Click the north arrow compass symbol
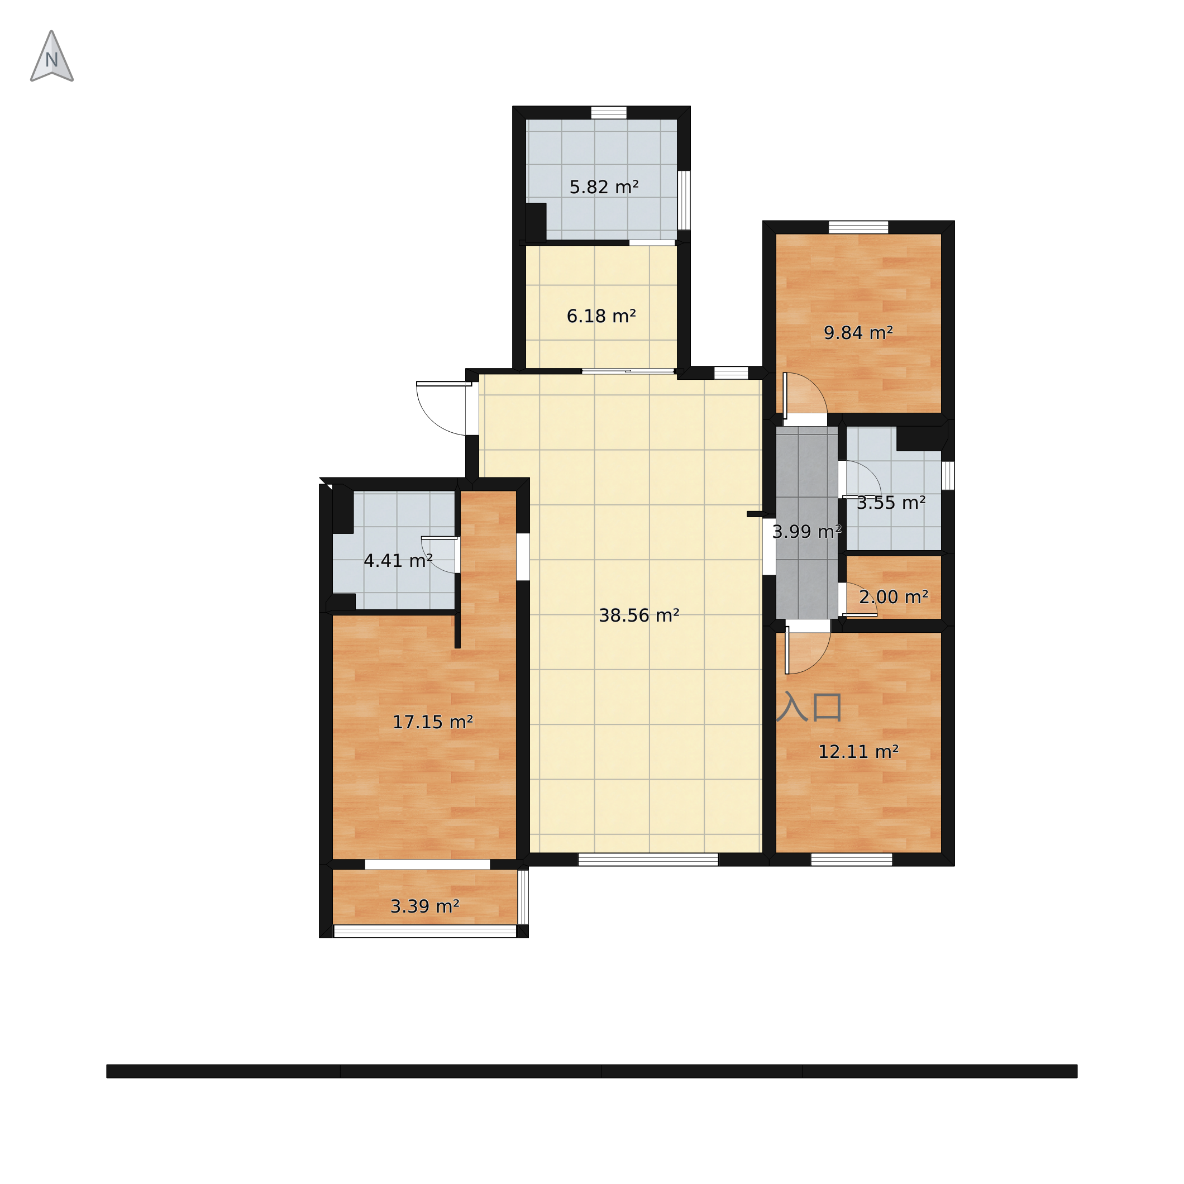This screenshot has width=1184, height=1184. (51, 57)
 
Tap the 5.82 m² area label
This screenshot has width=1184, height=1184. (604, 187)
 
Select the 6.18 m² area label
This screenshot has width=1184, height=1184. (601, 316)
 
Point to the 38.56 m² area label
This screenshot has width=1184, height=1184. (638, 615)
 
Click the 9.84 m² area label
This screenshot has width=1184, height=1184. (858, 333)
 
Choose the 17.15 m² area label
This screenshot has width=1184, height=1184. (433, 722)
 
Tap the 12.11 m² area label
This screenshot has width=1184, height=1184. (858, 751)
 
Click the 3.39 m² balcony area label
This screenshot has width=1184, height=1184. (424, 906)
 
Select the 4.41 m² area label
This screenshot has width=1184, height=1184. (398, 560)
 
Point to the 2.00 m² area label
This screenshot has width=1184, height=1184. (894, 596)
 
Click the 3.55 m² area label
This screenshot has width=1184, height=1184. (890, 503)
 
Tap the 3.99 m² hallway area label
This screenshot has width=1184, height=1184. (806, 531)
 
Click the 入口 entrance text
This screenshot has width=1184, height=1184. (809, 706)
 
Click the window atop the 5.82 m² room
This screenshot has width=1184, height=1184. (609, 113)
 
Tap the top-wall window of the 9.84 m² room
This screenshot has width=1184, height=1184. (858, 227)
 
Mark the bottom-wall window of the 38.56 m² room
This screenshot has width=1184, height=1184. (648, 859)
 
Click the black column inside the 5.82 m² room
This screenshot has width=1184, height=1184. (536, 222)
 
